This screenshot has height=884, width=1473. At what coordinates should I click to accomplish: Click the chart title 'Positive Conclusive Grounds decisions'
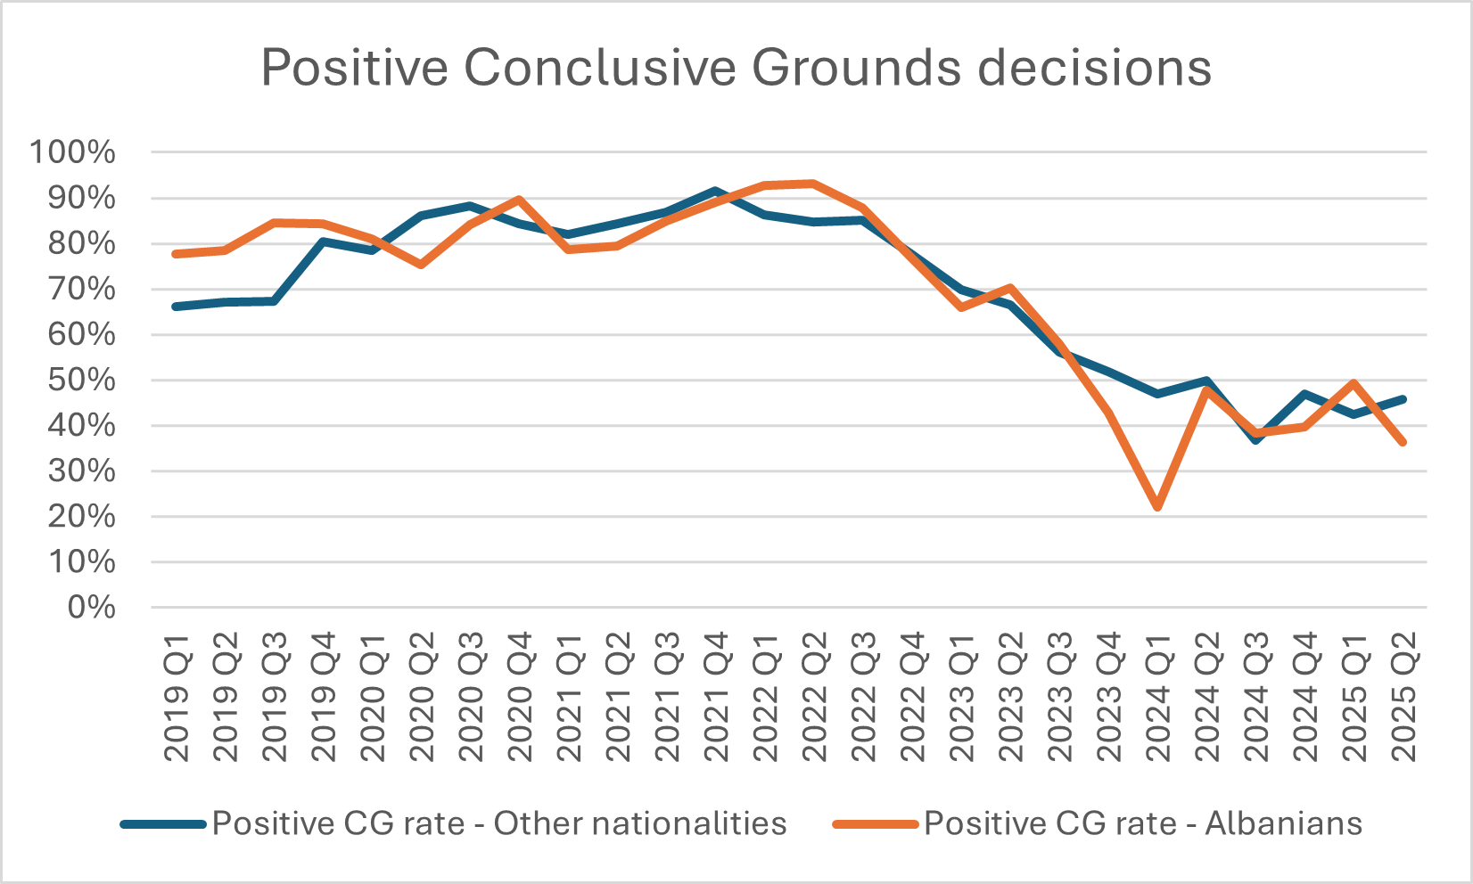pyautogui.click(x=736, y=68)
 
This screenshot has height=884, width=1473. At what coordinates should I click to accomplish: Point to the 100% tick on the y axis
pyautogui.click(x=73, y=152)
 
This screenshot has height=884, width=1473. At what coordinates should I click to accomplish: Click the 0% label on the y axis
pyautogui.click(x=91, y=608)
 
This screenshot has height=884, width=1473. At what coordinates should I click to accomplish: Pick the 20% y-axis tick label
pyautogui.click(x=80, y=517)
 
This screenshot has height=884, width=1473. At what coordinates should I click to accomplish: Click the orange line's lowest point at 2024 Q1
pyautogui.click(x=1158, y=507)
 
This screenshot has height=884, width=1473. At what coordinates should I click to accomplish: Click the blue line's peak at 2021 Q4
pyautogui.click(x=716, y=191)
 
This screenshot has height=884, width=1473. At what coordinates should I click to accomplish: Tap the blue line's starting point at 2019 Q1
pyautogui.click(x=177, y=307)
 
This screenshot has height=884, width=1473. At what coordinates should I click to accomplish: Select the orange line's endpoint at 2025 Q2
pyautogui.click(x=1403, y=442)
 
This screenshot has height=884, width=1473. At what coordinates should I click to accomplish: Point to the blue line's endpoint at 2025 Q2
pyautogui.click(x=1403, y=399)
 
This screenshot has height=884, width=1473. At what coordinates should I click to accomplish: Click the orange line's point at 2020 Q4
pyautogui.click(x=520, y=200)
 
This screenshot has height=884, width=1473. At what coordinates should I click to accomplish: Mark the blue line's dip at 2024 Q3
pyautogui.click(x=1256, y=439)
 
